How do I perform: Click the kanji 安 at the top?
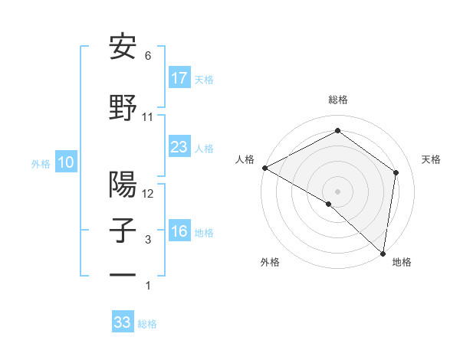tap(123, 47)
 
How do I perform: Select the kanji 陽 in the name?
tap(123, 185)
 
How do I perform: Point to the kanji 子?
tap(123, 231)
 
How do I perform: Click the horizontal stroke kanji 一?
tap(123, 274)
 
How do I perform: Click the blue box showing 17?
tap(179, 77)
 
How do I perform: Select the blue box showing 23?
tap(179, 147)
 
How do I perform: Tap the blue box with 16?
tap(179, 231)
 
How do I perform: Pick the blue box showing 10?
tap(66, 162)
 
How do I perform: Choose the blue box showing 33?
tap(123, 322)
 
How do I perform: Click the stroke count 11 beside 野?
tap(148, 117)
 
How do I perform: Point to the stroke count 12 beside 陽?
tap(148, 194)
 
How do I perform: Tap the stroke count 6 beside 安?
tap(148, 56)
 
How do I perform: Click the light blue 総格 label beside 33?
tap(147, 324)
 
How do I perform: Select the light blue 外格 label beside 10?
tap(41, 163)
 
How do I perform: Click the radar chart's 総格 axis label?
tap(337, 100)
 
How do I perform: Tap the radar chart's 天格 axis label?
tap(431, 159)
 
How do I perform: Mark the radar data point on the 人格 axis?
tap(264, 168)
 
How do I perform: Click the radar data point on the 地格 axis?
tap(383, 253)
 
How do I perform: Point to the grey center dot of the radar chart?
tap(337, 191)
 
